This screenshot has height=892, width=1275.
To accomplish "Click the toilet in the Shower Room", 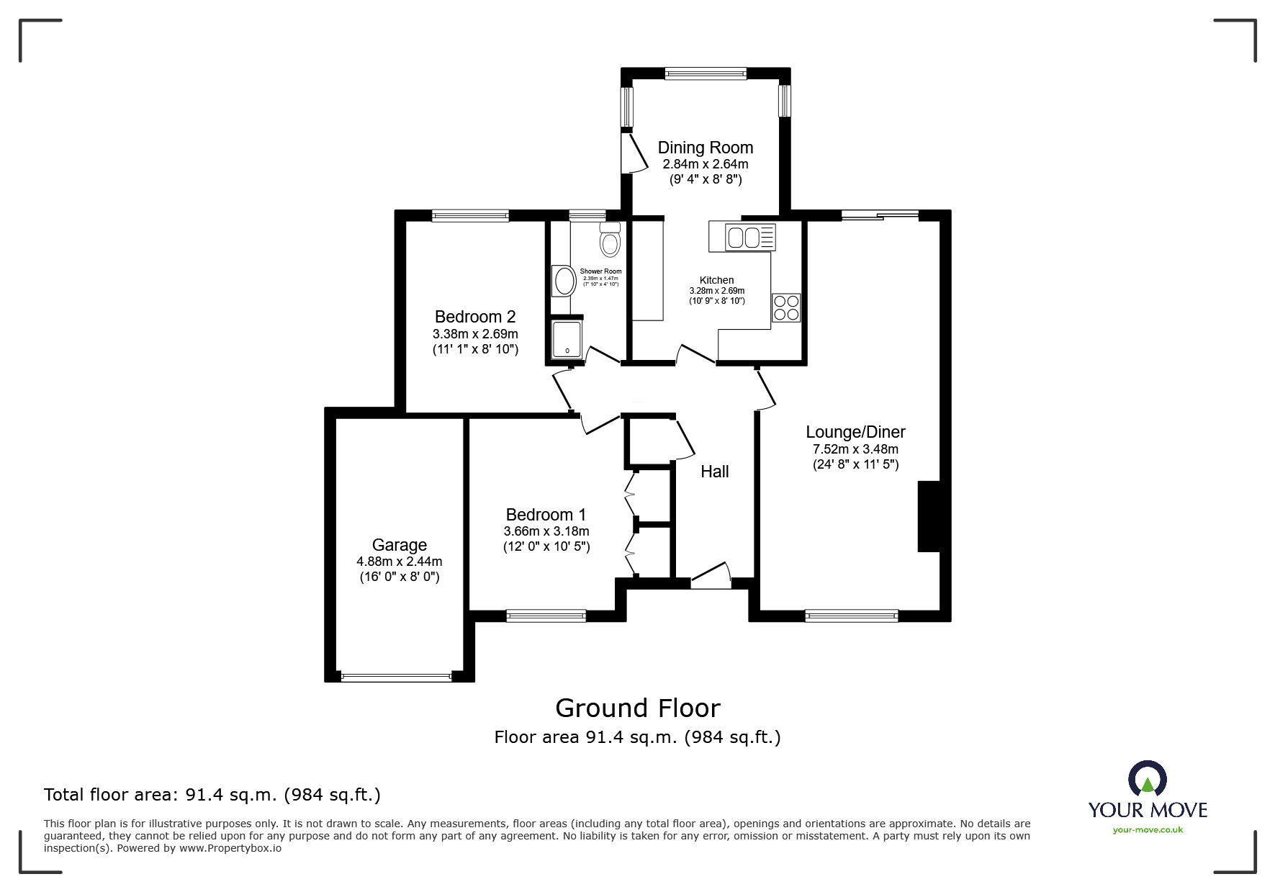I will click(x=610, y=240).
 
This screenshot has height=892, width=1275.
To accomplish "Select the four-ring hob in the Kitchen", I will click(x=785, y=308).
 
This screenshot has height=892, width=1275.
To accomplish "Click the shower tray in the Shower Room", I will click(x=567, y=339).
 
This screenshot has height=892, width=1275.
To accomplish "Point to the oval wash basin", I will click(x=562, y=281).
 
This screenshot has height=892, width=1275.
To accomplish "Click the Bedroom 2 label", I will click(x=475, y=317).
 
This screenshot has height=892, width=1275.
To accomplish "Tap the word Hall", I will click(x=714, y=472).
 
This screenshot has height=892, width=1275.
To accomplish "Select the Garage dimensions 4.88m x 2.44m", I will click(x=399, y=562).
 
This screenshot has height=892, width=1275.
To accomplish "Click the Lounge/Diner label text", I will click(x=855, y=432).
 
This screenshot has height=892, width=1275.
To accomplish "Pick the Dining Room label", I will click(x=705, y=148).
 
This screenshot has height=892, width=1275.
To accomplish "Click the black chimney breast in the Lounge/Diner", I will click(x=929, y=516).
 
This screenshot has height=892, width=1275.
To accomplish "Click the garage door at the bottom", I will click(x=396, y=677).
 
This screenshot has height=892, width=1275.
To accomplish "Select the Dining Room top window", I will click(x=705, y=73).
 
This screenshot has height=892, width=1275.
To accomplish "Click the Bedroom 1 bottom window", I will click(x=546, y=616).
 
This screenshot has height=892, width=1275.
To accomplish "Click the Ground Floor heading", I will click(x=637, y=708).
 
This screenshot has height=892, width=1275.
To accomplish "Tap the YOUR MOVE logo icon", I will click(x=1147, y=780).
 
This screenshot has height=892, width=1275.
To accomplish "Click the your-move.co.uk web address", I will click(x=1148, y=830).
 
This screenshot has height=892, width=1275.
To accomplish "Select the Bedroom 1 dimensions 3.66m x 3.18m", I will click(x=546, y=531).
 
